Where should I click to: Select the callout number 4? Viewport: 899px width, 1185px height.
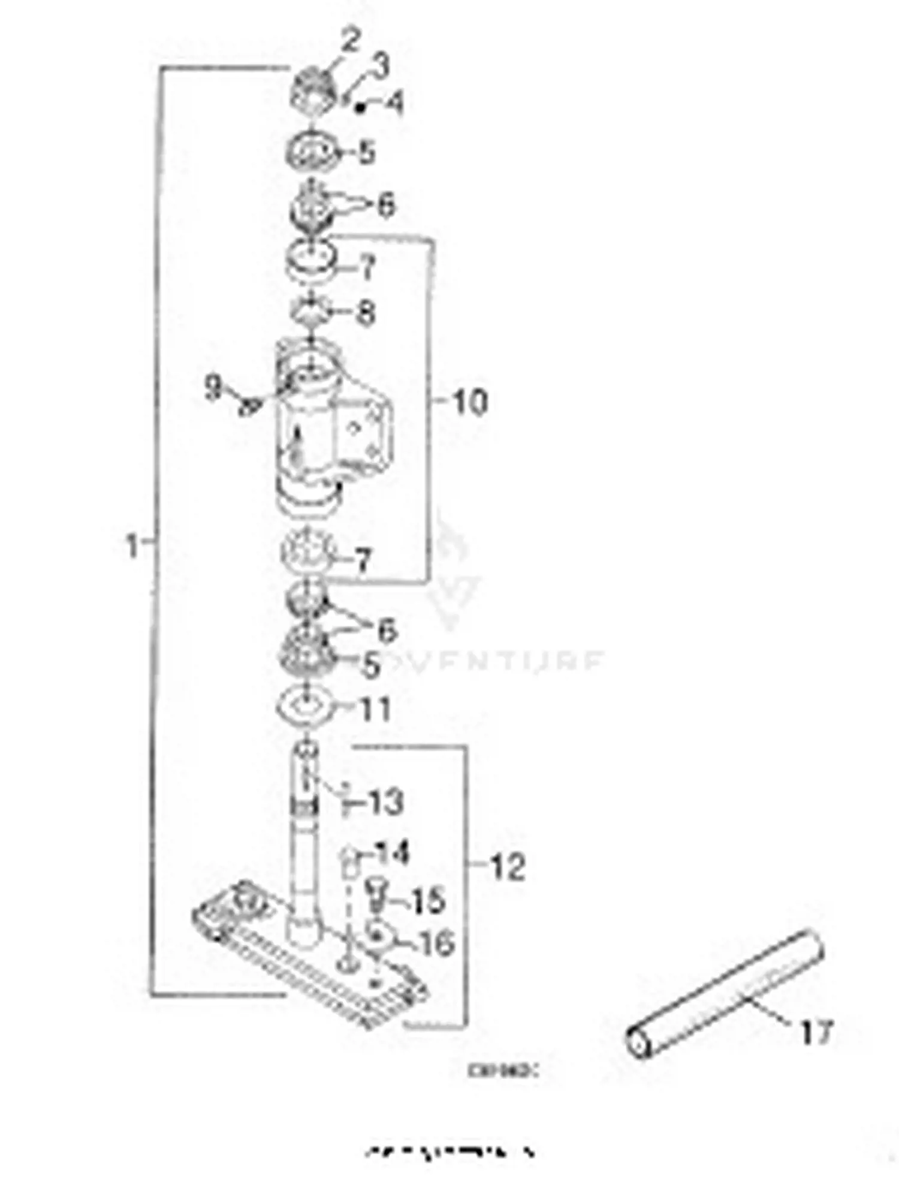394,102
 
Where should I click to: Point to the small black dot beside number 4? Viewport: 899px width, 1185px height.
360,108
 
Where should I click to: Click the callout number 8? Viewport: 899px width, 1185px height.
365,312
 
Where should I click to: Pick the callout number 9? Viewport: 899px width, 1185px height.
213,388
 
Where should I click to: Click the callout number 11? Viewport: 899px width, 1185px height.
375,709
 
